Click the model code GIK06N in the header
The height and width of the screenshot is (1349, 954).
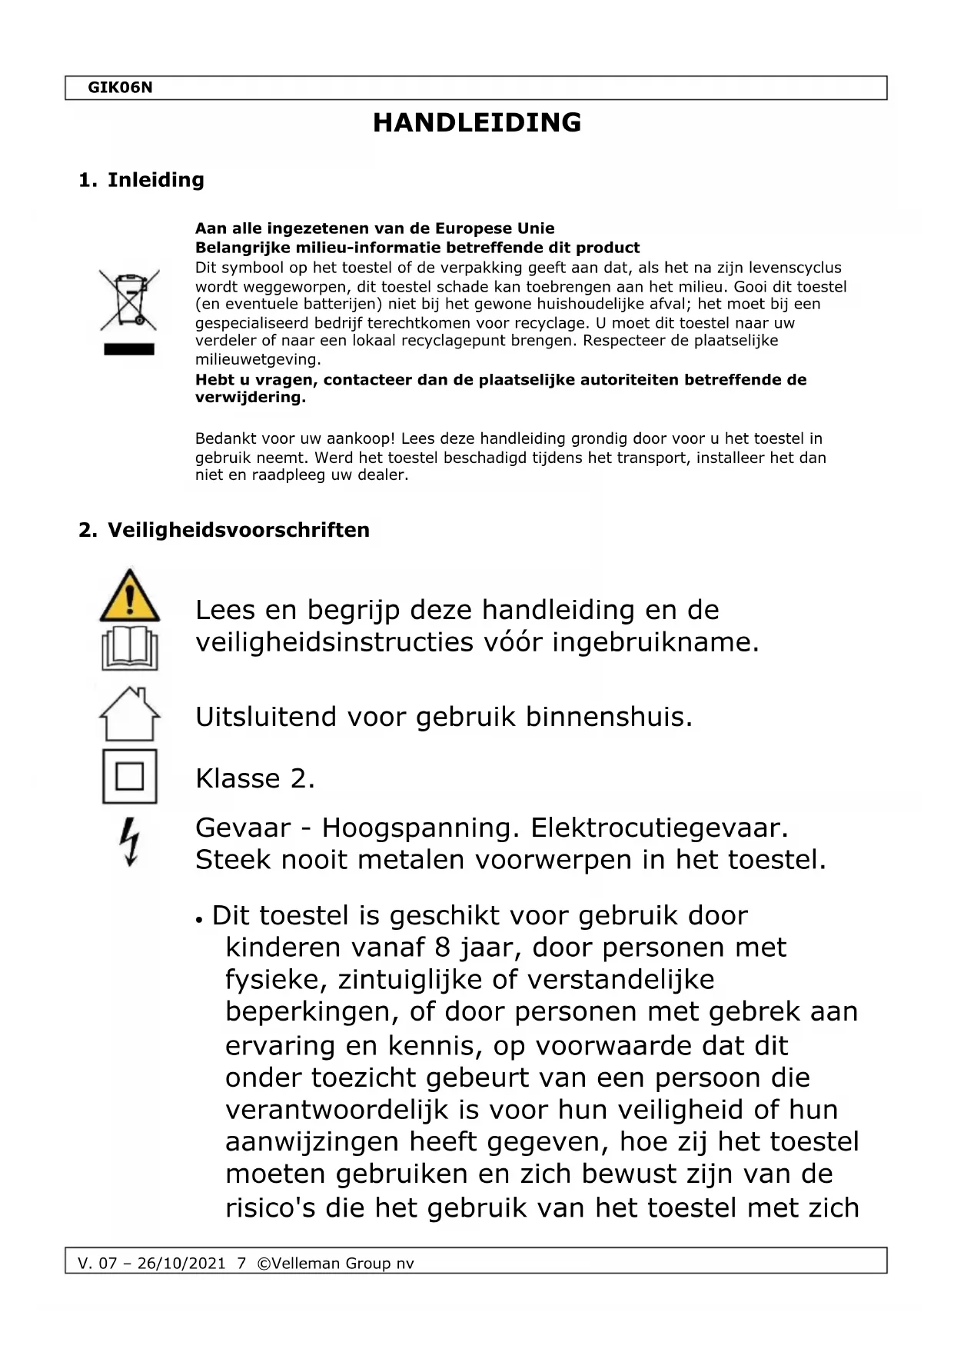click(x=120, y=88)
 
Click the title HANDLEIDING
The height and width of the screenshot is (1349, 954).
click(x=477, y=123)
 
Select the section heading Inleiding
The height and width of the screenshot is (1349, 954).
click(x=155, y=180)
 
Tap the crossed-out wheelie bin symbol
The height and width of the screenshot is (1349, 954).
click(x=129, y=299)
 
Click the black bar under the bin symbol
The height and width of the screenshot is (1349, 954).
click(x=129, y=349)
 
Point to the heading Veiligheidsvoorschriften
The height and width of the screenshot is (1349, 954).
click(x=238, y=530)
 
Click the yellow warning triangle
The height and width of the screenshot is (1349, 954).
click(x=130, y=596)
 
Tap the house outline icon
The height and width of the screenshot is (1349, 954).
click(x=130, y=714)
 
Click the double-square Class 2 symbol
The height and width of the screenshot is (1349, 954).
click(x=130, y=777)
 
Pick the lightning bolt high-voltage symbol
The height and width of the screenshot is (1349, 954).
click(x=130, y=841)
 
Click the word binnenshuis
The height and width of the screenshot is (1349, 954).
click(x=609, y=717)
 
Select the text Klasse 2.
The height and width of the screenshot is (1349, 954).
click(x=255, y=778)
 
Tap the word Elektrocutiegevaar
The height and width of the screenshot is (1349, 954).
click(x=660, y=828)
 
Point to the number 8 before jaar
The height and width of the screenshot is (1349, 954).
click(x=443, y=948)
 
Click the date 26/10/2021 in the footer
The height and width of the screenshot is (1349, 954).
click(x=181, y=1264)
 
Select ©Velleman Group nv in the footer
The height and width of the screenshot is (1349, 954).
click(x=335, y=1264)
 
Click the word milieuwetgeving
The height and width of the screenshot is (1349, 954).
click(x=258, y=359)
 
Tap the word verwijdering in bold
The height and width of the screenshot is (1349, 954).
click(x=250, y=398)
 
